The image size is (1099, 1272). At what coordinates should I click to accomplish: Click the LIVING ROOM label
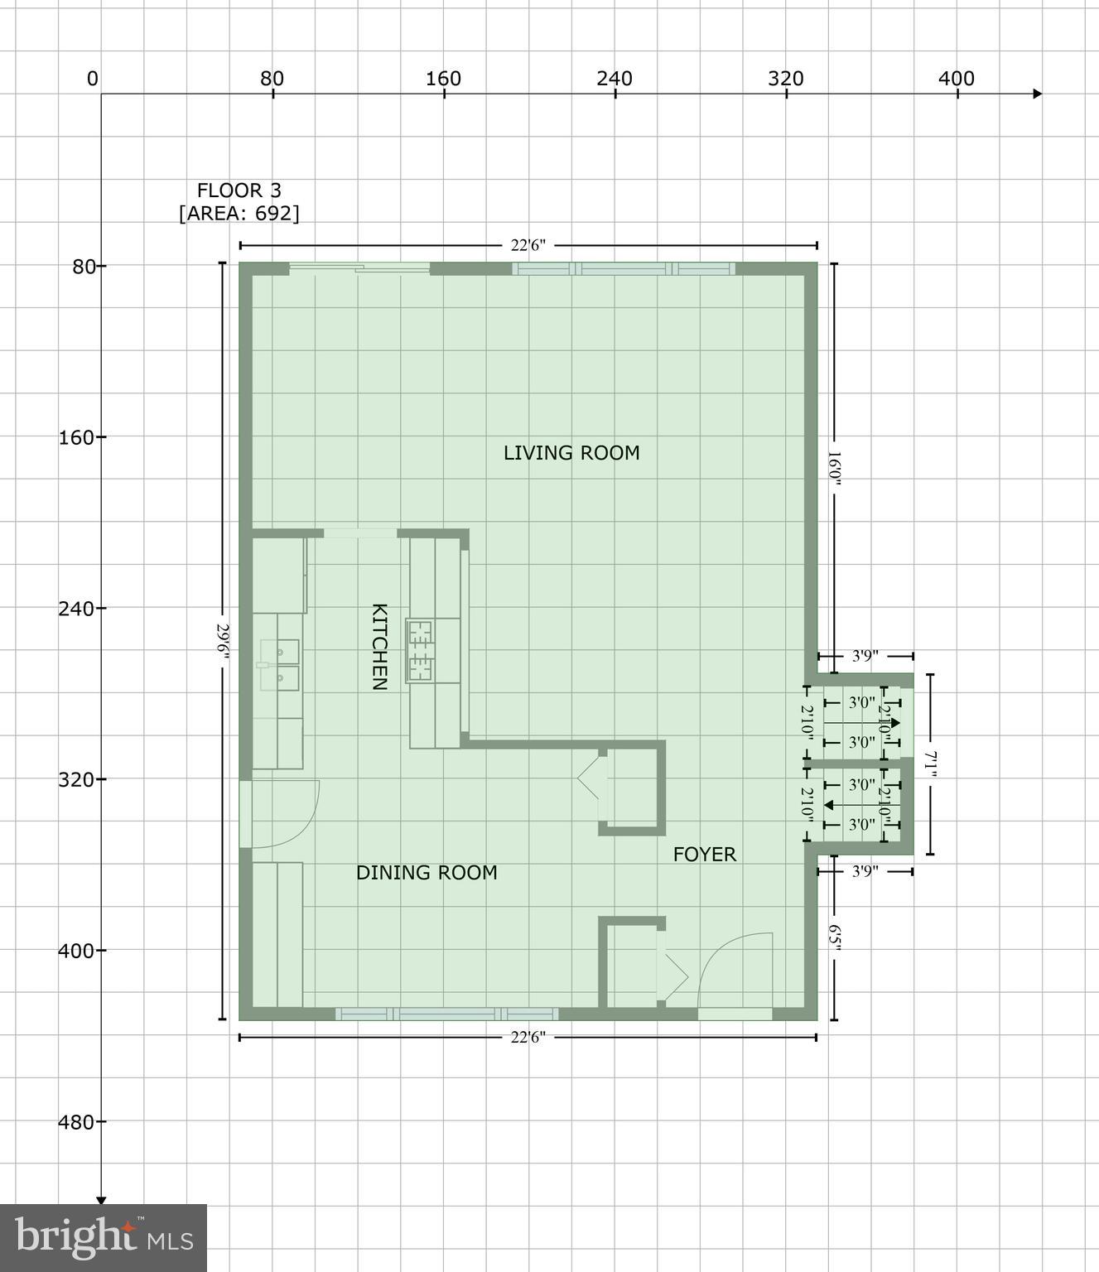(x=571, y=453)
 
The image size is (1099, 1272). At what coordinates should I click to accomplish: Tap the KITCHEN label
(x=378, y=647)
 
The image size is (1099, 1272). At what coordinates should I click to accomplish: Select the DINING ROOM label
(x=427, y=873)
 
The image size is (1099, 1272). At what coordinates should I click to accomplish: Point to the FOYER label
(x=704, y=855)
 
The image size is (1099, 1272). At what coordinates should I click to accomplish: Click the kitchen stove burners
(x=421, y=651)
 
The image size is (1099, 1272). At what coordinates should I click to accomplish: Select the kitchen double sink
(x=277, y=665)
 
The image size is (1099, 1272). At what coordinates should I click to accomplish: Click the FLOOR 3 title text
(x=239, y=190)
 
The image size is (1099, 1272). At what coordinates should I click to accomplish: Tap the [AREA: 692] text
(x=239, y=214)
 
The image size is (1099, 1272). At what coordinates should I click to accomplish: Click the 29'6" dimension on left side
(x=222, y=643)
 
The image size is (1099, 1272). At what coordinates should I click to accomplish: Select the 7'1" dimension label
(x=930, y=764)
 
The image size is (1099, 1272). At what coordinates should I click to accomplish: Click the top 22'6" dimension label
(x=528, y=245)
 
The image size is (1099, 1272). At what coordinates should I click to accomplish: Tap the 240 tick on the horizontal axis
(x=615, y=79)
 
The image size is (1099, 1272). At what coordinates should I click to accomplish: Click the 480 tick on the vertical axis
(x=81, y=1122)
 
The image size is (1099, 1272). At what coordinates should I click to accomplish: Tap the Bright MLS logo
(x=104, y=1237)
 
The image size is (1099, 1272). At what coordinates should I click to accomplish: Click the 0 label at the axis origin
(x=92, y=79)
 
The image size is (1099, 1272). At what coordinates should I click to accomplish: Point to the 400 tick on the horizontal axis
(x=957, y=79)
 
